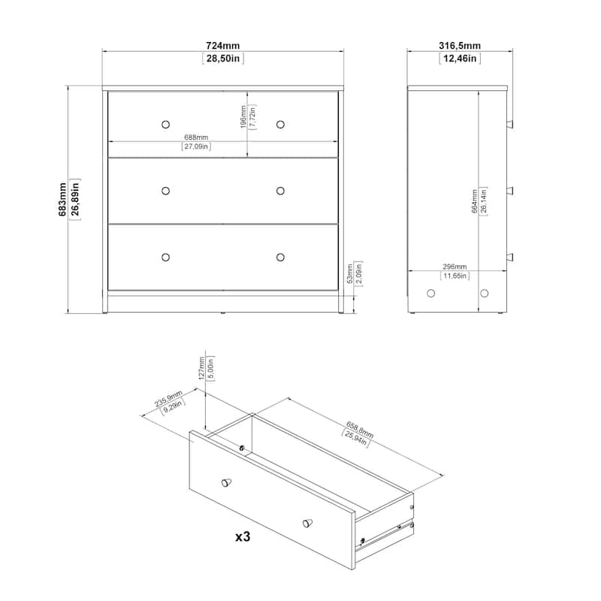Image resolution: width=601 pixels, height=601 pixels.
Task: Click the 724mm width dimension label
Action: click(222, 46)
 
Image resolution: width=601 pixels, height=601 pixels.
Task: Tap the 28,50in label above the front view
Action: click(222, 59)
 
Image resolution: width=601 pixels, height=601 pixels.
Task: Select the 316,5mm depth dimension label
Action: click(460, 46)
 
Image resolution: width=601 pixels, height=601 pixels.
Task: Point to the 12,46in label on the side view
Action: click(460, 59)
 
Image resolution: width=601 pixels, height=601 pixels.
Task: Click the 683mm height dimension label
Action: click(62, 199)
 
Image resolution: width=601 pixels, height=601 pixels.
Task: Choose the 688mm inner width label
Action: click(196, 137)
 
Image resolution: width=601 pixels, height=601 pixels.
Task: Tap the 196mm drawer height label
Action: click(243, 117)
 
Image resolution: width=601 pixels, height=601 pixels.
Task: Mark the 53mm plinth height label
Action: click(350, 273)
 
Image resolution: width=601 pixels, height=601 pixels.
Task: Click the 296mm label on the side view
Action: click(455, 267)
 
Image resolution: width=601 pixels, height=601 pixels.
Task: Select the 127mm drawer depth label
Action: click(201, 368)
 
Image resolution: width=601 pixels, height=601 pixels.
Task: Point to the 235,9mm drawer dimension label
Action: click(168, 399)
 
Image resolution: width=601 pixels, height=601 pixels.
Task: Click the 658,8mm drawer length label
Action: click(360, 430)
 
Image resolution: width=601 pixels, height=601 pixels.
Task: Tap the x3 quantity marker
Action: click(243, 536)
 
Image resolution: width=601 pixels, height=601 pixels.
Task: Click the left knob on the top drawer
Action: click(165, 125)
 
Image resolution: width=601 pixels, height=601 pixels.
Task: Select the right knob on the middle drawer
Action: click(280, 191)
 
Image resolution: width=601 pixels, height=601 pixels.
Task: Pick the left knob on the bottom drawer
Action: click(165, 257)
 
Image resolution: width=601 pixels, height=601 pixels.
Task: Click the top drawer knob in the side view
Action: click(510, 124)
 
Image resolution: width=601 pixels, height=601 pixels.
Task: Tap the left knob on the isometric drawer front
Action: click(227, 482)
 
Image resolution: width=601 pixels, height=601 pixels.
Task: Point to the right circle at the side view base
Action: click(485, 293)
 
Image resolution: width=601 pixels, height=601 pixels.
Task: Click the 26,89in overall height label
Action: click(75, 199)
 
